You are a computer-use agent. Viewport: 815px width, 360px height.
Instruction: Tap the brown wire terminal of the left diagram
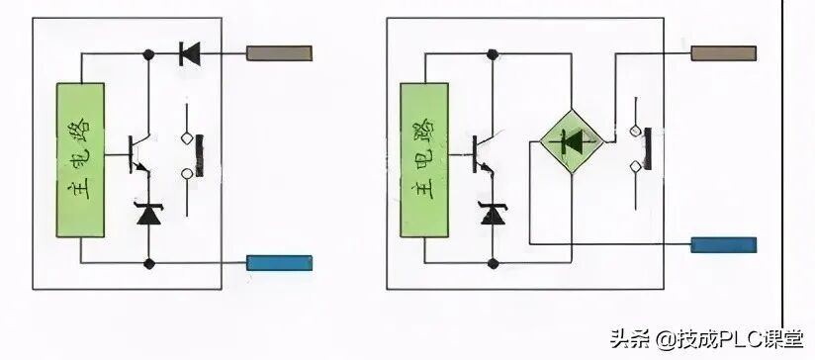(x=278, y=52)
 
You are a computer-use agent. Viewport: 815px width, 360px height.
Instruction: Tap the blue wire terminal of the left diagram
(x=279, y=263)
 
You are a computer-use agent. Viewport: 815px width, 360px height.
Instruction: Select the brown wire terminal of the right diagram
(x=722, y=52)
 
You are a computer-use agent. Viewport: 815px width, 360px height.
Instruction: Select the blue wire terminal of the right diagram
(x=723, y=244)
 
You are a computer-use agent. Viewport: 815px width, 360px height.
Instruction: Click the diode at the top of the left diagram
(x=189, y=52)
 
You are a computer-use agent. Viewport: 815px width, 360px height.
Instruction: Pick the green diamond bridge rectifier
(x=571, y=144)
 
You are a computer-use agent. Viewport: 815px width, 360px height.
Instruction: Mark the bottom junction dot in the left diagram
(x=149, y=263)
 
